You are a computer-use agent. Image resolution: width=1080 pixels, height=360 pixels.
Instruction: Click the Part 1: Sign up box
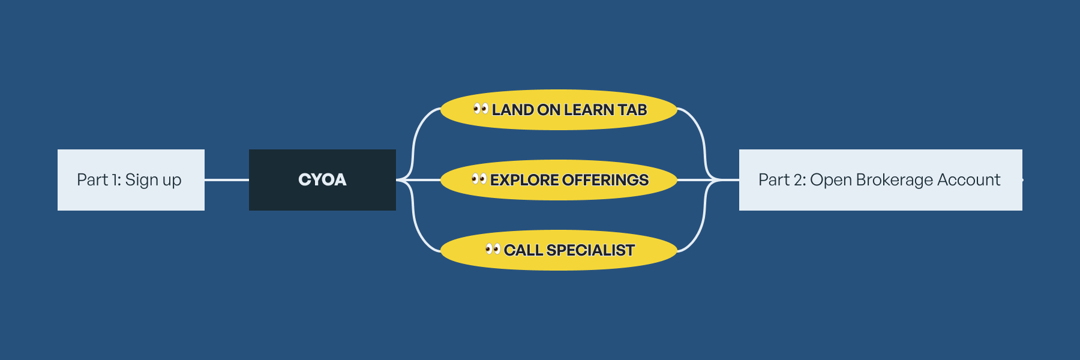131,180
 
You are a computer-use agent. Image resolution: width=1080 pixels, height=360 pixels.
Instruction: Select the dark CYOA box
322,180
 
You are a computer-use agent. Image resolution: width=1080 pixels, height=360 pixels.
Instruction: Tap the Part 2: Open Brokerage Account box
880,180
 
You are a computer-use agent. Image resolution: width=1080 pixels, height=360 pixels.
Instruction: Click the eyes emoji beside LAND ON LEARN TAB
481,109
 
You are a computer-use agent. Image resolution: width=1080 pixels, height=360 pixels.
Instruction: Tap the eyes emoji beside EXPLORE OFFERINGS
479,179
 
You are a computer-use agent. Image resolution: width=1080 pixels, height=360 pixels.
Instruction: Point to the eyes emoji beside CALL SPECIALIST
493,248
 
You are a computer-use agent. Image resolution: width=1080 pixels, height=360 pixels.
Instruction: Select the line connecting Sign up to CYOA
227,179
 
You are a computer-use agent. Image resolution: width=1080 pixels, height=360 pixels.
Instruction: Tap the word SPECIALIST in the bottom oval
590,250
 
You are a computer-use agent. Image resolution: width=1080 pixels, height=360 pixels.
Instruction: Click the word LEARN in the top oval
589,110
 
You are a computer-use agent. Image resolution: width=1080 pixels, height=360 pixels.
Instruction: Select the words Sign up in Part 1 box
153,180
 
